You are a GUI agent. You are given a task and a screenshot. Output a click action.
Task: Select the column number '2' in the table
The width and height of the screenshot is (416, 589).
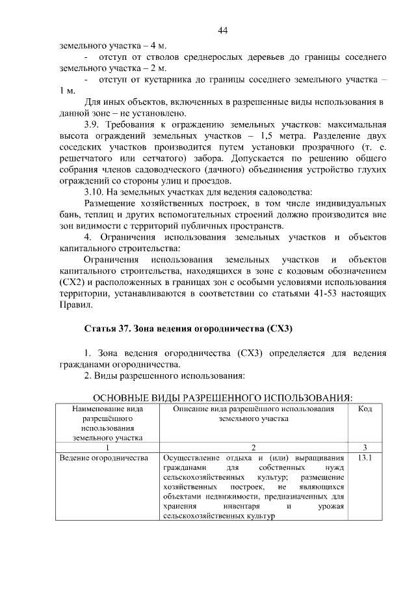[254, 447]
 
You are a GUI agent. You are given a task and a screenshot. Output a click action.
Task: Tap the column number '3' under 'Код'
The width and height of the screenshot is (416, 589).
[365, 447]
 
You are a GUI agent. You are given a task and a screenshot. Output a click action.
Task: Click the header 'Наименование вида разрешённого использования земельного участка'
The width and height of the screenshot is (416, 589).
[108, 424]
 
